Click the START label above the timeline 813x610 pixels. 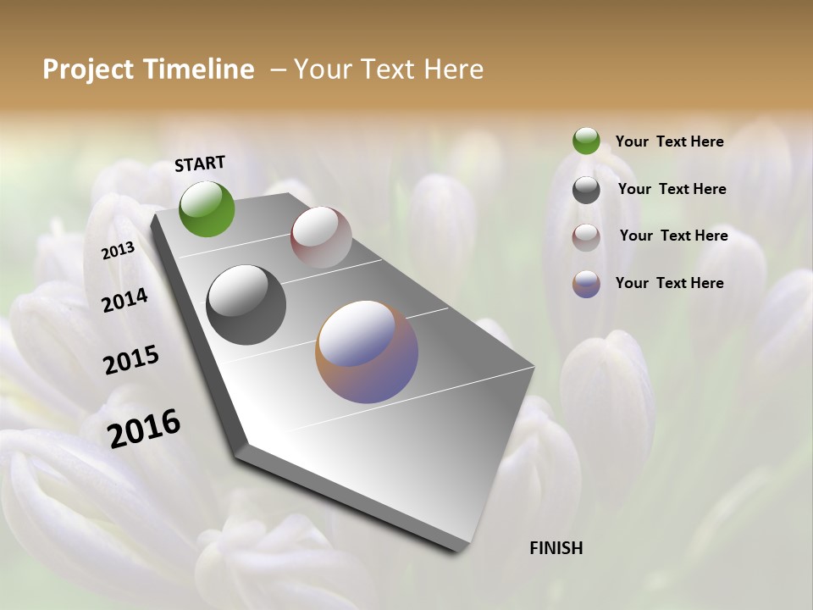click(x=200, y=164)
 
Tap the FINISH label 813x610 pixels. click(x=556, y=548)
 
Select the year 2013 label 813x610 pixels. click(x=119, y=250)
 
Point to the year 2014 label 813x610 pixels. click(x=124, y=300)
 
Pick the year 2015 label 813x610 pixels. click(x=131, y=360)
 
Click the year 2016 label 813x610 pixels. click(x=144, y=428)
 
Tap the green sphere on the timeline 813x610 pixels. click(x=207, y=208)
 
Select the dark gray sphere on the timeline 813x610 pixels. click(x=246, y=305)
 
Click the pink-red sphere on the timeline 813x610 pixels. click(x=321, y=237)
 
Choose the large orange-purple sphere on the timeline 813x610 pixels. click(x=367, y=352)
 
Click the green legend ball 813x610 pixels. click(x=586, y=141)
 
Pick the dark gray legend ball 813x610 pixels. click(x=586, y=190)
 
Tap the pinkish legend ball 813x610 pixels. click(x=586, y=237)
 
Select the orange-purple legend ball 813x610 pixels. click(x=586, y=284)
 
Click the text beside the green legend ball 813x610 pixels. click(x=669, y=141)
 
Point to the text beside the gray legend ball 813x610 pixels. click(x=672, y=189)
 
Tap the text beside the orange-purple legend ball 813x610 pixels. click(x=669, y=283)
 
